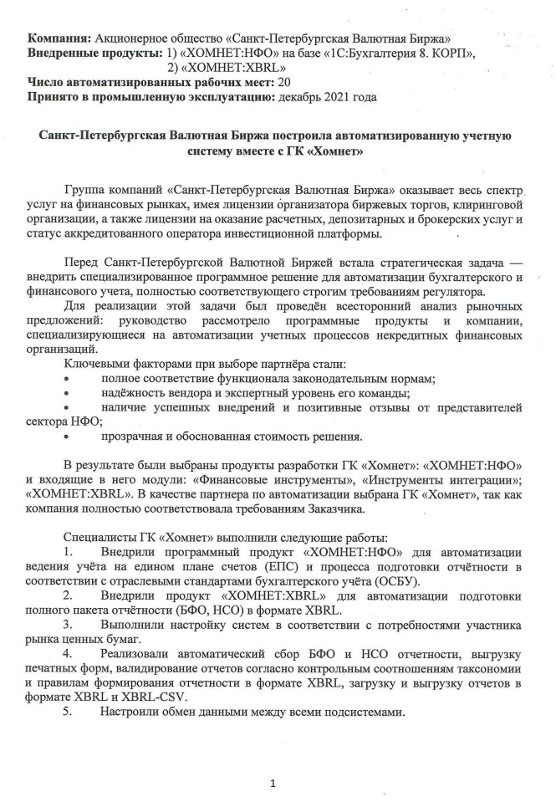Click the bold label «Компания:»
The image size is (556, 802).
click(x=60, y=39)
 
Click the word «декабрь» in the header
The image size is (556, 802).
click(x=304, y=96)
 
